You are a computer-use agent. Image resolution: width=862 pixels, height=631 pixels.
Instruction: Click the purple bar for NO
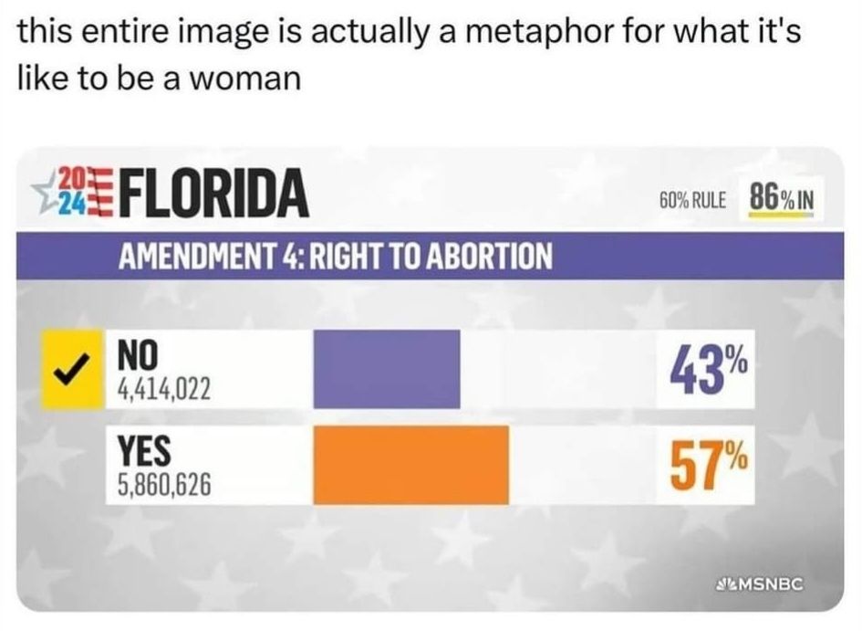(x=387, y=369)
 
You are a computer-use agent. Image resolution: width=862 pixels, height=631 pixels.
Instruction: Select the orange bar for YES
(x=410, y=464)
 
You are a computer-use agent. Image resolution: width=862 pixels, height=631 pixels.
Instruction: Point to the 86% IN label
(x=780, y=196)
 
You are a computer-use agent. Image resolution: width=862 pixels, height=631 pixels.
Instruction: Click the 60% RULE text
(x=691, y=199)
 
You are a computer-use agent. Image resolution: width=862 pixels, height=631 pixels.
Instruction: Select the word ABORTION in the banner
(x=477, y=257)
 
